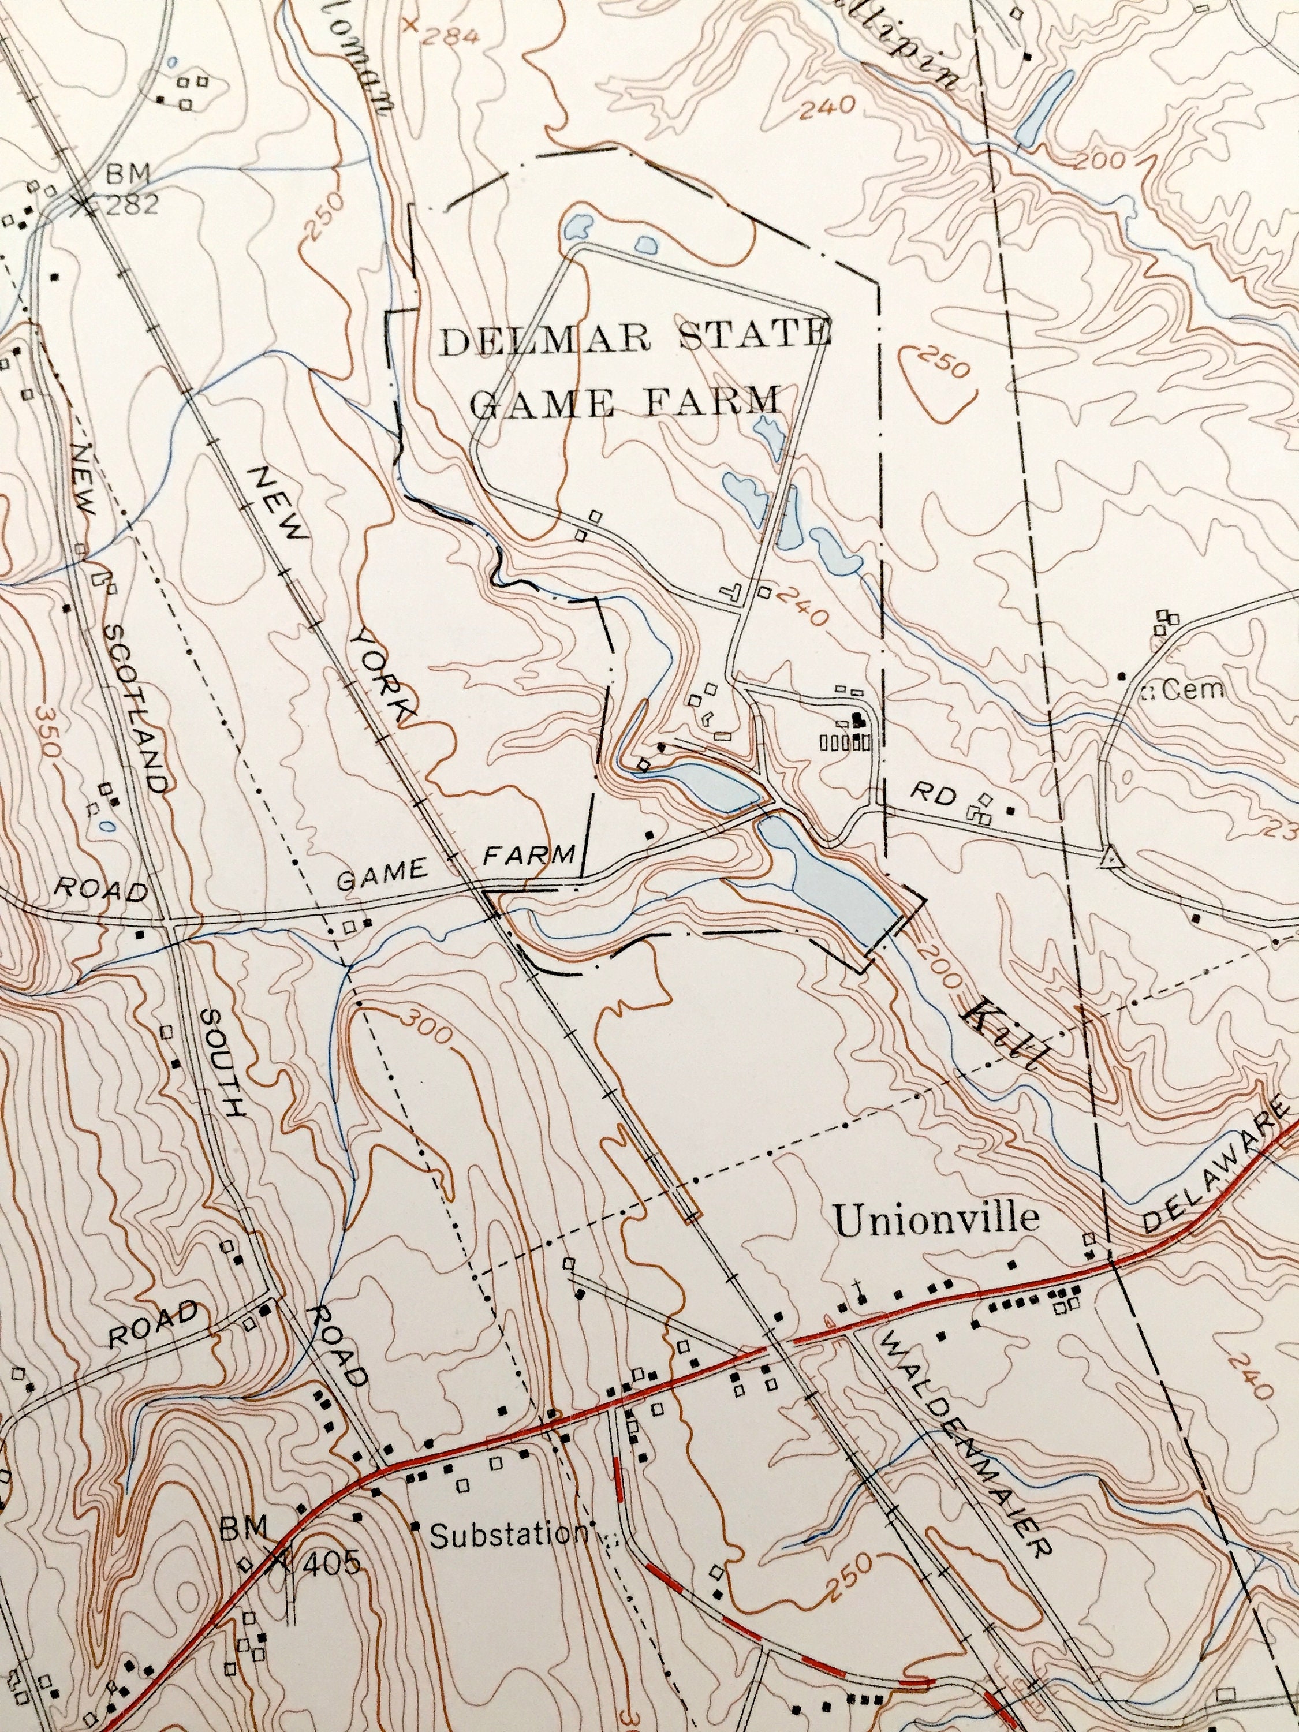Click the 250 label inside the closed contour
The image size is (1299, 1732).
[x=945, y=365]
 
